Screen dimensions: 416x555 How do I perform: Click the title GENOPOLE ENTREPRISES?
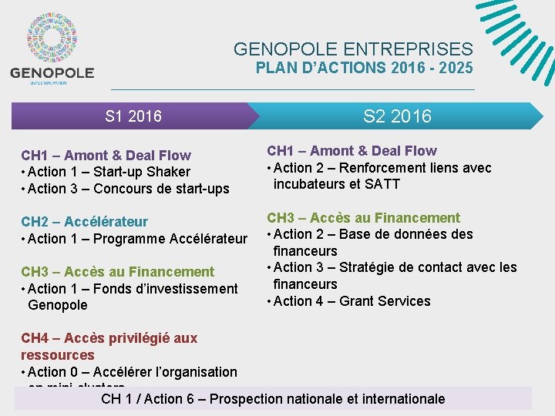[354, 49]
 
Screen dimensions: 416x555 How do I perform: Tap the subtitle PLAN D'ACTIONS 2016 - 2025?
[365, 68]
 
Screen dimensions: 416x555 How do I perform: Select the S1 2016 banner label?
[133, 116]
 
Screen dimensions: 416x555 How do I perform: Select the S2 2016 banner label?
[397, 116]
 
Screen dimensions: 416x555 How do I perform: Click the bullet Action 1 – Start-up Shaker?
[108, 172]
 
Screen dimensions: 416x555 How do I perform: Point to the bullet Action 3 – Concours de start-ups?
[127, 189]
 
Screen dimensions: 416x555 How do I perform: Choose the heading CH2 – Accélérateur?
[85, 222]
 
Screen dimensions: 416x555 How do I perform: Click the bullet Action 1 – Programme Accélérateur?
[136, 239]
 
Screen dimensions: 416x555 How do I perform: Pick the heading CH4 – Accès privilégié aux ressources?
[109, 347]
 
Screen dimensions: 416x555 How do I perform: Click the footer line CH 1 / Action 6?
[273, 399]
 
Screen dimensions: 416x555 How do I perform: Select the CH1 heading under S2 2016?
[351, 151]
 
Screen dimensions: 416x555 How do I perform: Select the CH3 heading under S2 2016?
[363, 218]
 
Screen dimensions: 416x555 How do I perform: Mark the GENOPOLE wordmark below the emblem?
[52, 73]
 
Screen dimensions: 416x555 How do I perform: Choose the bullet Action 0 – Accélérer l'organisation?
[131, 372]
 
